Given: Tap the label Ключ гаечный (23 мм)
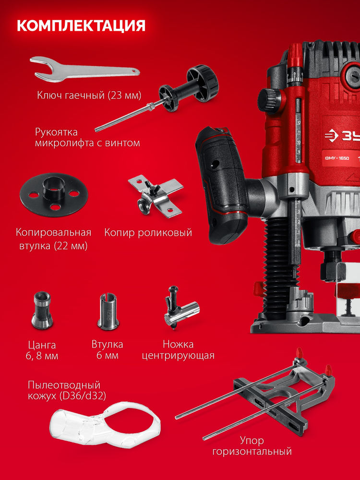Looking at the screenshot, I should coord(89,95).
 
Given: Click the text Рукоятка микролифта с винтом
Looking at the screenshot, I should coord(87,137).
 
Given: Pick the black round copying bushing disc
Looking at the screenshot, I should coord(49,193).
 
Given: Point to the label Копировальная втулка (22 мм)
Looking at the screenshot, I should coord(53,240).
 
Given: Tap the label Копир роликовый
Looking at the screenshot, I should coord(148,233).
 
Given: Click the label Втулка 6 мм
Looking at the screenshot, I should coord(107,350).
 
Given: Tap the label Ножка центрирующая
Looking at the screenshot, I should coord(184,350).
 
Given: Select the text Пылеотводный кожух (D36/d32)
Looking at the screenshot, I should coord(67,390).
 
